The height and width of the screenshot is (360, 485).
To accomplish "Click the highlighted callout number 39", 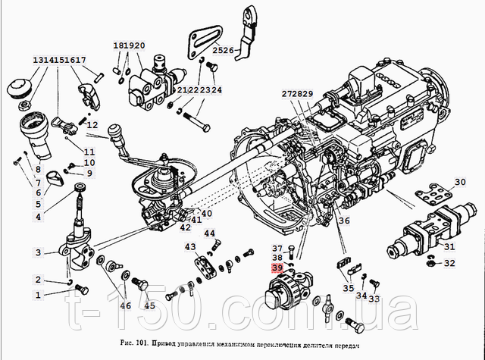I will click(277, 268).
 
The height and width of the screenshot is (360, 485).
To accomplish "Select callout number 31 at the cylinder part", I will click(449, 246).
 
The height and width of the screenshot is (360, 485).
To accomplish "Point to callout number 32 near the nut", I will click(450, 264).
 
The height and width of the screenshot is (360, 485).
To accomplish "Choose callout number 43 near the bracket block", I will click(189, 247).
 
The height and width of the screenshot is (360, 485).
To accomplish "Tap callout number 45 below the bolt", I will click(149, 306).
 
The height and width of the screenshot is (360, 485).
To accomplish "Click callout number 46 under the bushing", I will click(125, 306).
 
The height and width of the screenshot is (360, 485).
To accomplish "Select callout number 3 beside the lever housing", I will click(37, 252).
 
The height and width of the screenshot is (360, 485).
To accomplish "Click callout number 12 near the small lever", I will click(92, 125).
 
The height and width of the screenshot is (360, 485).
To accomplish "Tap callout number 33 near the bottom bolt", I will click(374, 299).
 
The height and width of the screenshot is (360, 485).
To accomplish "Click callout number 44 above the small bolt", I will click(209, 233).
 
